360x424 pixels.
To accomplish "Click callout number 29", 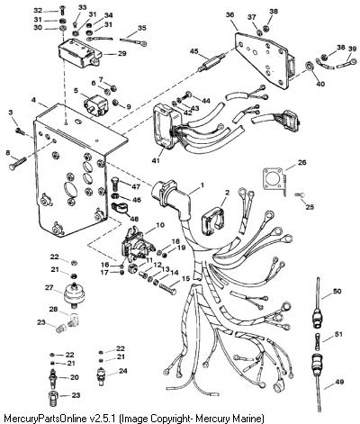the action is pos(121,54).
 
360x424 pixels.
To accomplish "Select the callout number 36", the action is pos(230,14).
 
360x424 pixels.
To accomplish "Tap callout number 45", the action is pos(194,51).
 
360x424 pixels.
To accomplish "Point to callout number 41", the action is pos(156,160).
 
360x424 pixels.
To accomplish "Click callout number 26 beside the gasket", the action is pos(301,162).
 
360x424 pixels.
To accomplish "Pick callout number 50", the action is pos(337,291).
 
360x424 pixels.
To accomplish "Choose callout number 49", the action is pos(339,382).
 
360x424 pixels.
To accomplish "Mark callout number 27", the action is pos(49,287).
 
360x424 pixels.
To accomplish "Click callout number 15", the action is pos(185,279).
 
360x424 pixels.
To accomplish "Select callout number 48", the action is pos(134,219).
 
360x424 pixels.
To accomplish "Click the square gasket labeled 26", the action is pos(274,179).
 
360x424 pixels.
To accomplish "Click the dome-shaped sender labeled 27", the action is pos(74,294).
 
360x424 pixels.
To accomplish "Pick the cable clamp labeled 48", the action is pos(119,208).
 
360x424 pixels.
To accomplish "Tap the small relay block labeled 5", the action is pos(94,103).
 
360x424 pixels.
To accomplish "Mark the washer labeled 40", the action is pos(309,66).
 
